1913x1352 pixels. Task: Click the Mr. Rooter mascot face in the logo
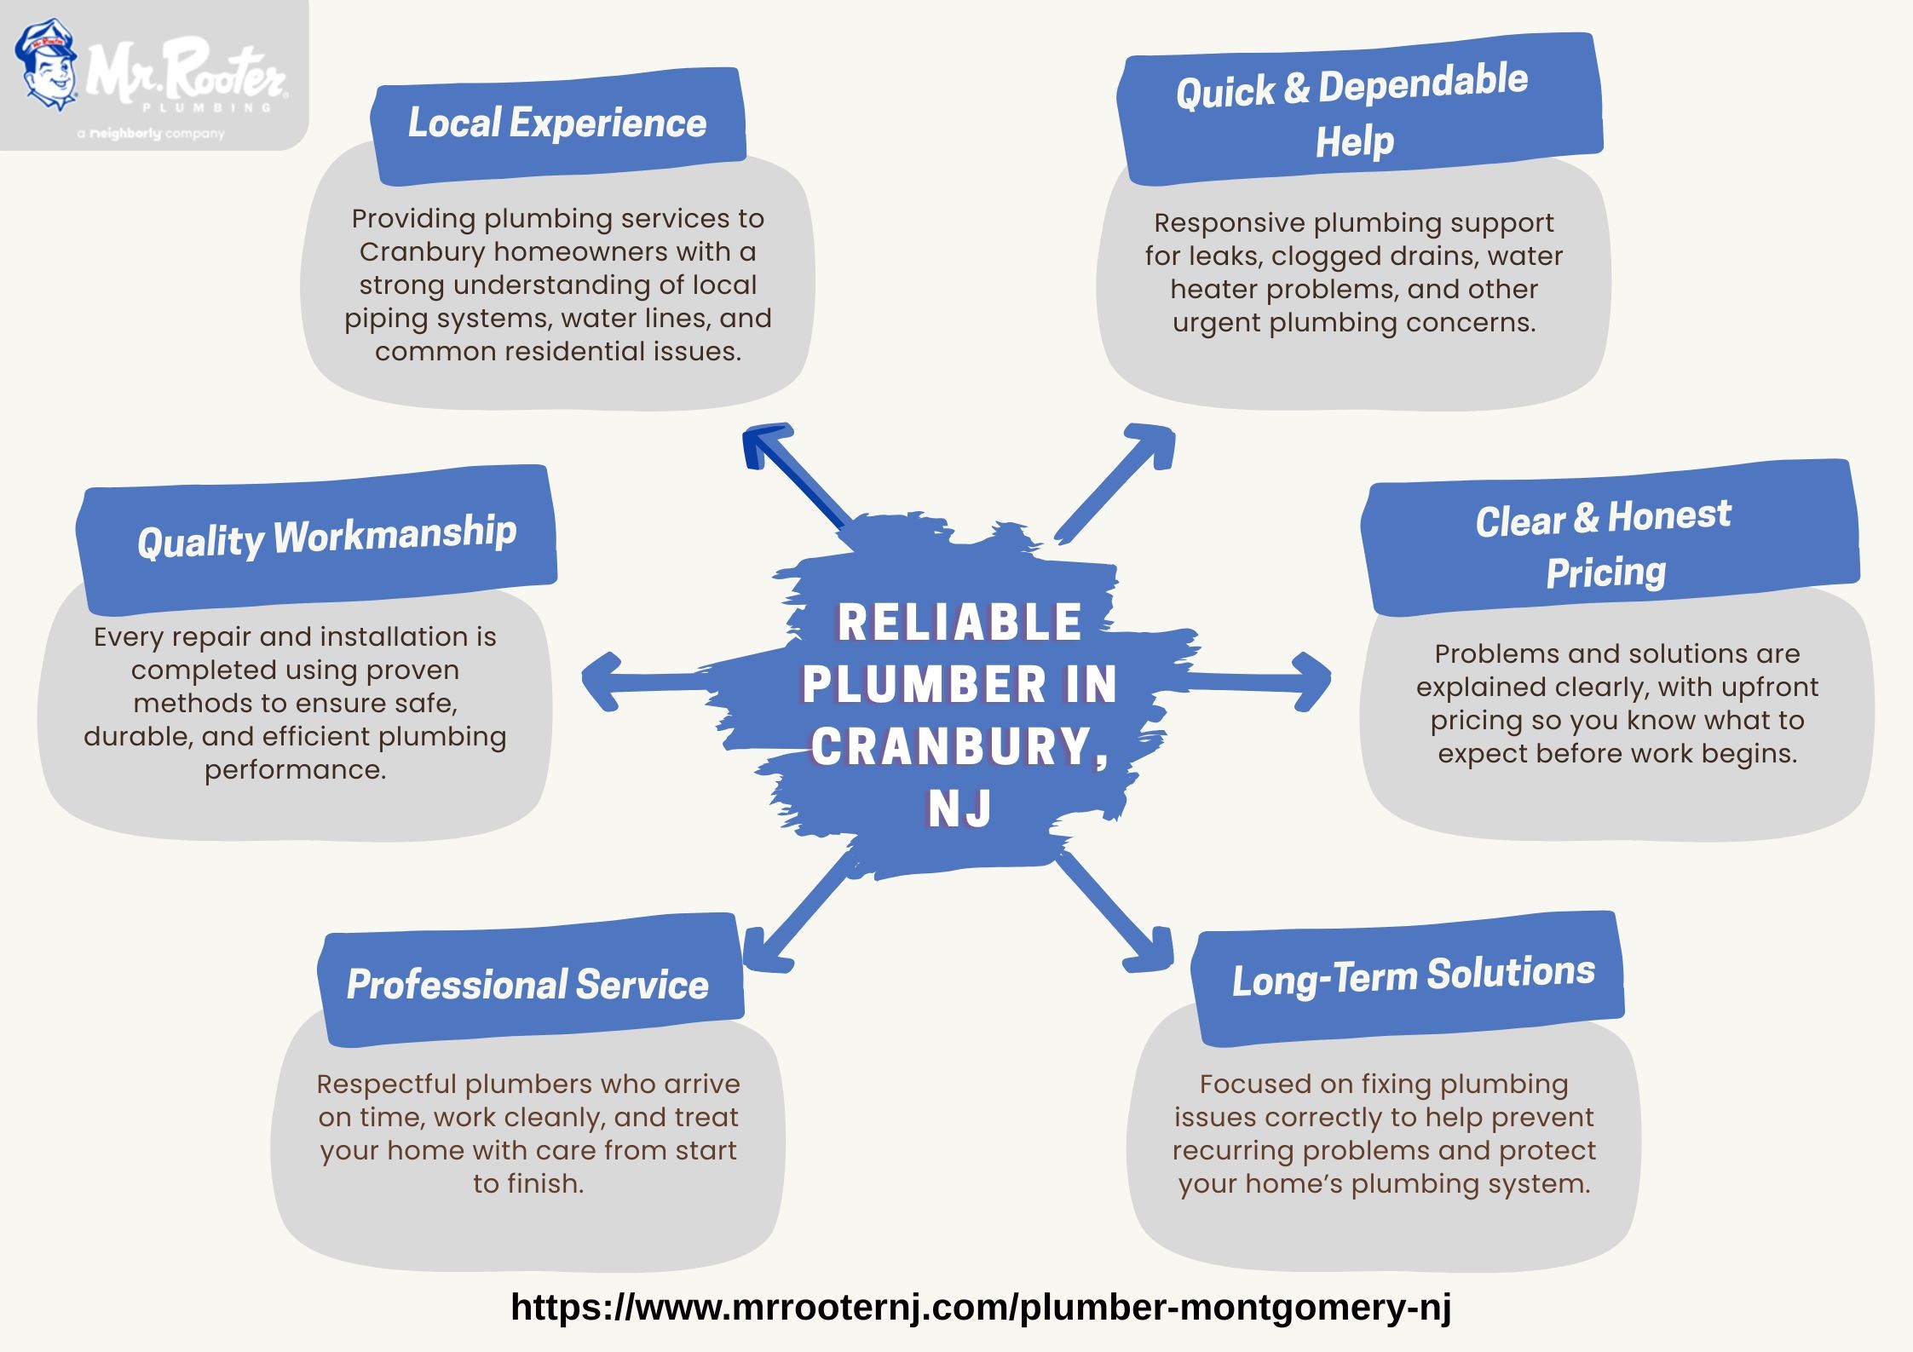(x=48, y=66)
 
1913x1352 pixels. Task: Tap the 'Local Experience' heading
(x=557, y=123)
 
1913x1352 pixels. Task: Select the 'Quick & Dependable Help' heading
(x=1353, y=112)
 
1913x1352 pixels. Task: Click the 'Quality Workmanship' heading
(x=327, y=537)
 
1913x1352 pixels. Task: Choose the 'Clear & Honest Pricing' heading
(x=1605, y=544)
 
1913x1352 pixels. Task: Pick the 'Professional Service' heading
(x=527, y=986)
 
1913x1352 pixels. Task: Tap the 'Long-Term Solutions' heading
(x=1414, y=976)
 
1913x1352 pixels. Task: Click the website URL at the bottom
(x=981, y=1306)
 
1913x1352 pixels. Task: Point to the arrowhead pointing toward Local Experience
(x=764, y=446)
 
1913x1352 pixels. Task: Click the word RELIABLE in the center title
(x=959, y=622)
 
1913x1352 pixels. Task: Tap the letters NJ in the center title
(x=959, y=808)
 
